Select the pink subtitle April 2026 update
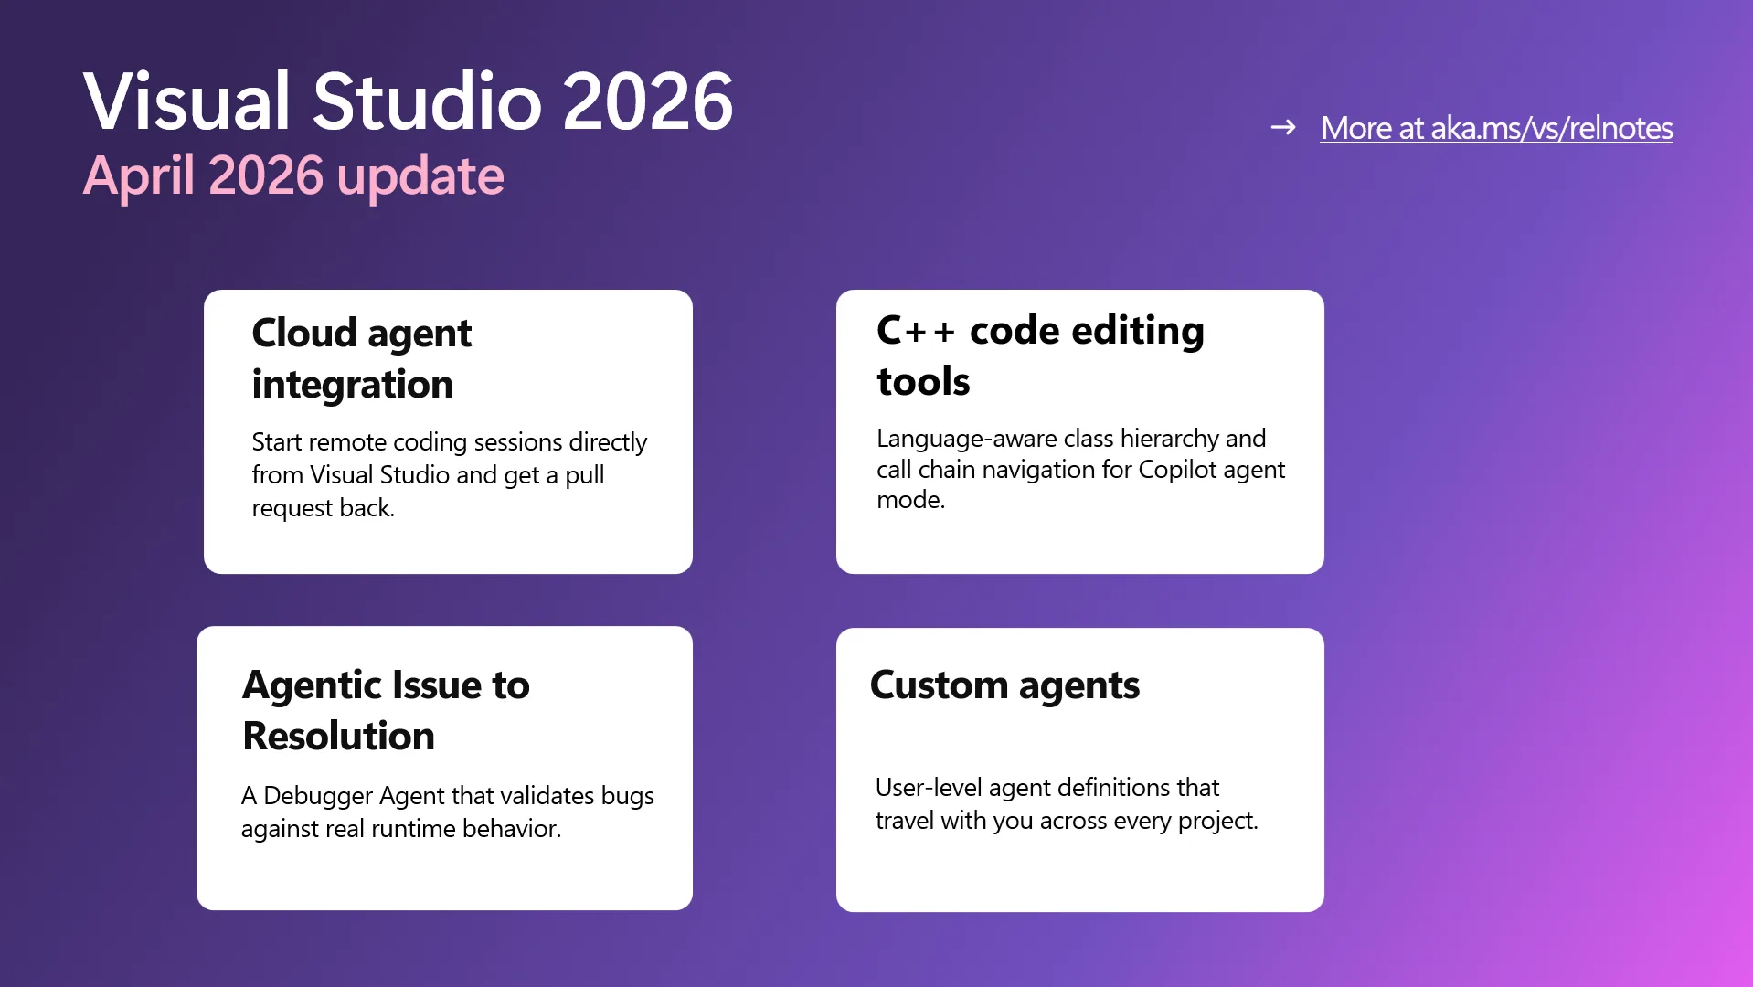(293, 176)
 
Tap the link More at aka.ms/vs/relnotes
(1496, 128)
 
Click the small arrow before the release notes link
(1283, 127)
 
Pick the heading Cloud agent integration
(362, 358)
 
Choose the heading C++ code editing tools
(1040, 356)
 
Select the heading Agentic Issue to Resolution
(386, 710)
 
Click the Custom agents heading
(1004, 685)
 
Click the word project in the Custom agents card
(1217, 821)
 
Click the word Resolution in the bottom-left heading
(338, 736)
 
